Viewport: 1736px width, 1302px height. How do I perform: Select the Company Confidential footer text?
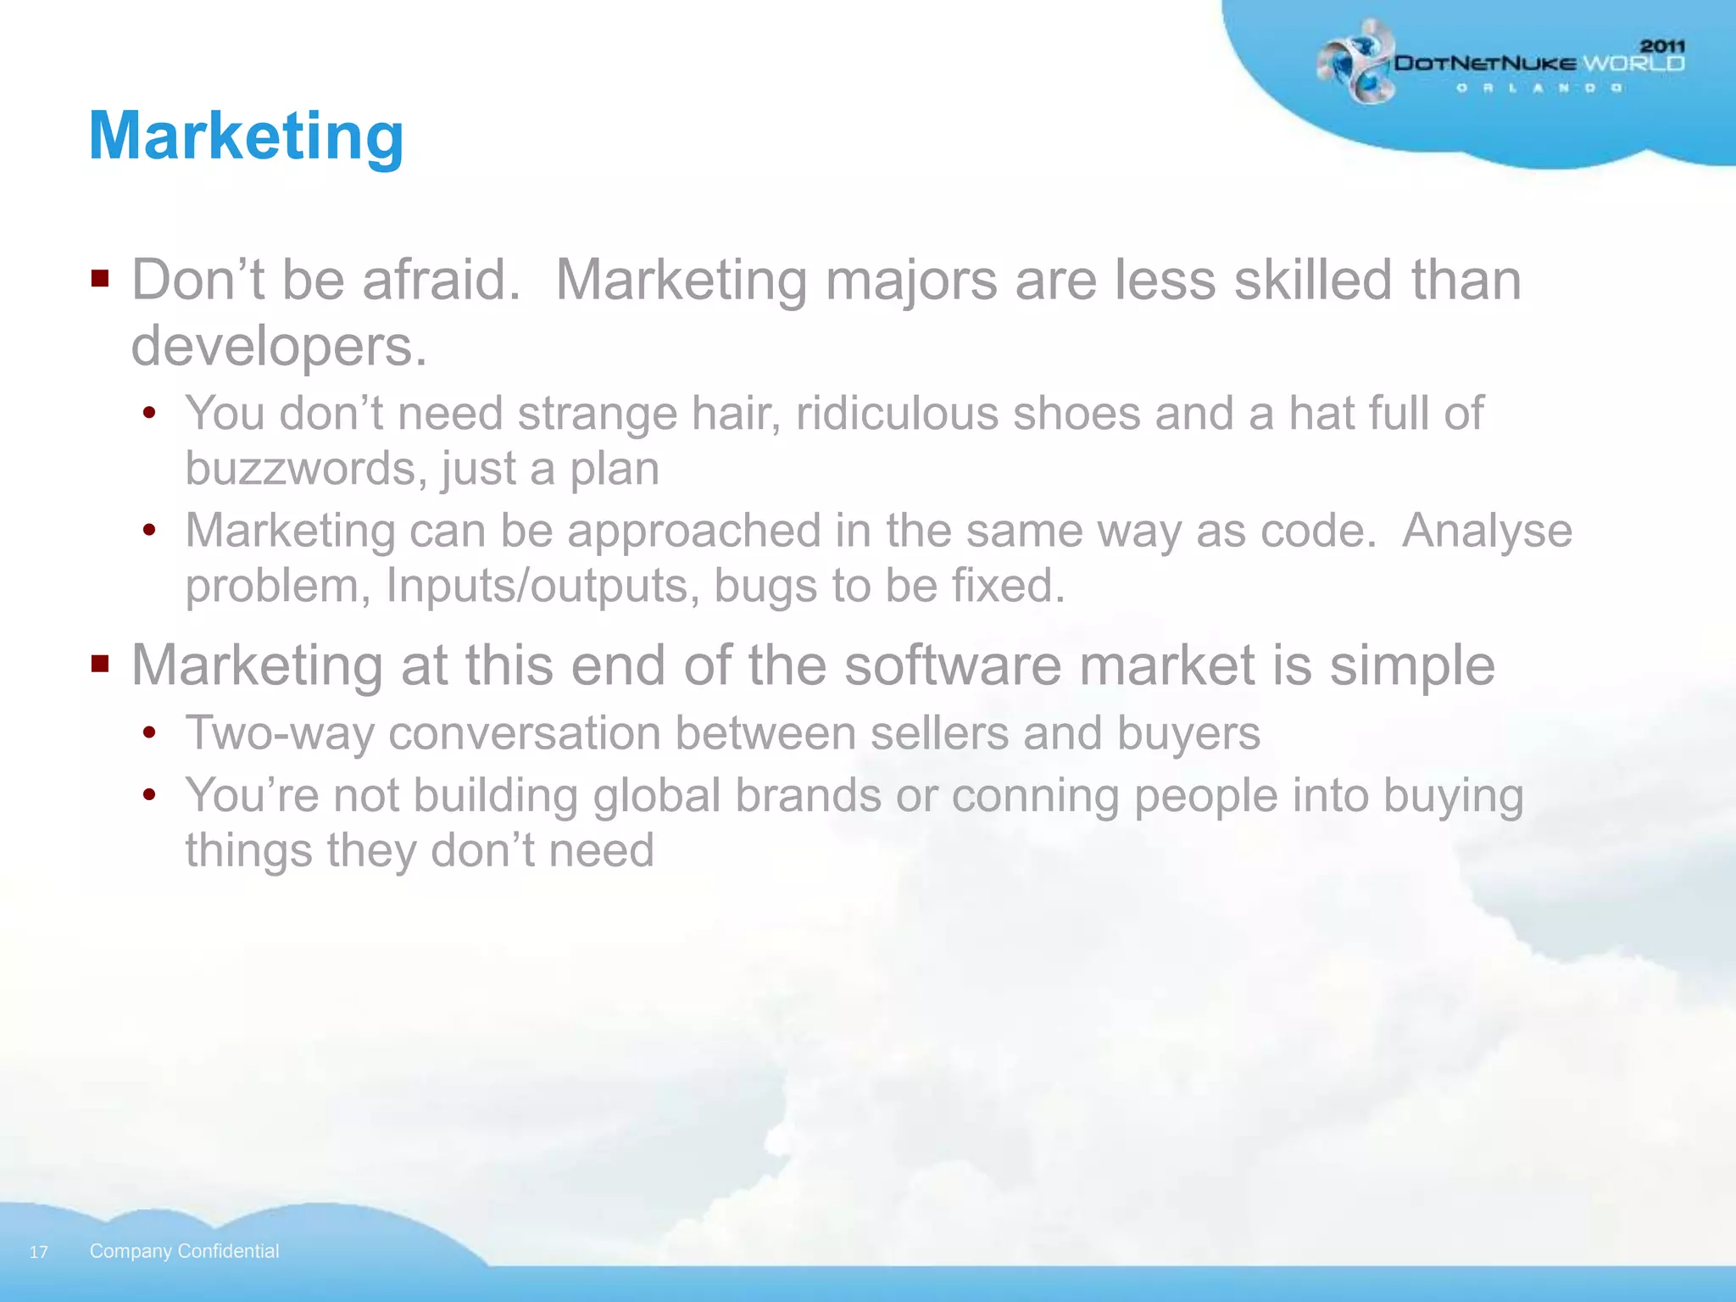pos(184,1251)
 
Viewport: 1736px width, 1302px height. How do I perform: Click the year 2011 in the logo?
pos(1662,47)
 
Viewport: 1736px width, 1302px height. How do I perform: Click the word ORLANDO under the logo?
pos(1539,88)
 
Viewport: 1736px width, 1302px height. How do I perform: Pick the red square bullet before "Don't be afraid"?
pos(101,278)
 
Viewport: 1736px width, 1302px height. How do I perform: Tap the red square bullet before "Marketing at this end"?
pos(101,663)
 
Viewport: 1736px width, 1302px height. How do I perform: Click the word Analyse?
pos(1487,531)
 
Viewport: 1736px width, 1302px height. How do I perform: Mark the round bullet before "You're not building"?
pos(150,795)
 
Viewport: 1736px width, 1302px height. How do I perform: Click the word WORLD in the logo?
pos(1633,64)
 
